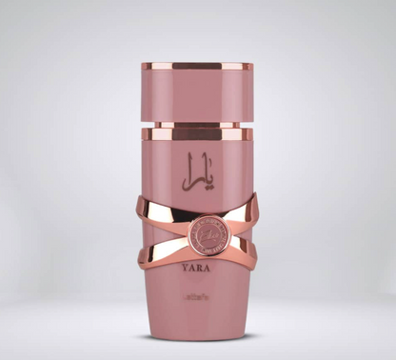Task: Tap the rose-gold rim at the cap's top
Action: pyautogui.click(x=197, y=68)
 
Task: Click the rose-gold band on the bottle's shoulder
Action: pyautogui.click(x=197, y=134)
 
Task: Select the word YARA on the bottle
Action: pyautogui.click(x=199, y=268)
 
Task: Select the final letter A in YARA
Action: pyautogui.click(x=212, y=268)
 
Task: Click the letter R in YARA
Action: pyautogui.click(x=203, y=268)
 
